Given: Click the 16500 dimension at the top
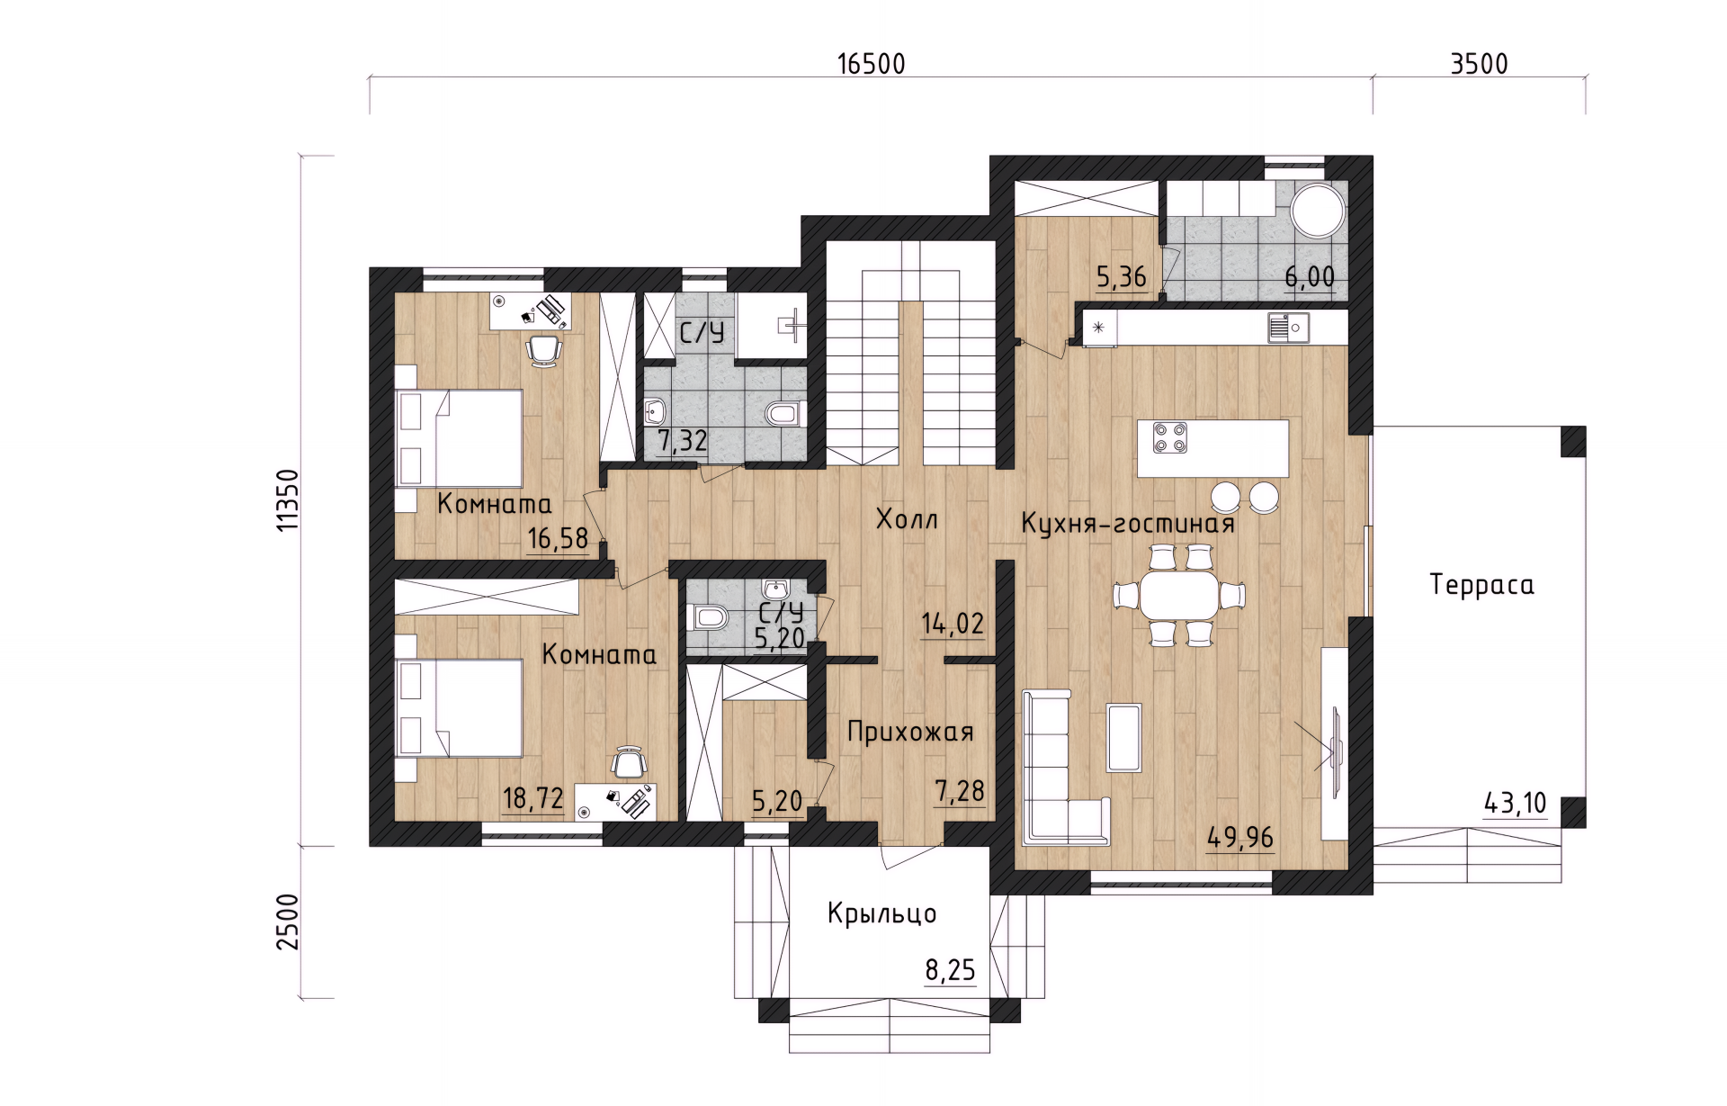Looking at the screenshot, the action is click(871, 65).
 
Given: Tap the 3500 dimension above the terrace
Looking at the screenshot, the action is click(1479, 64).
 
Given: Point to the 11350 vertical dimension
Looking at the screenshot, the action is click(287, 500).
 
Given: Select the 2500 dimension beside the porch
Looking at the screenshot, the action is click(287, 922).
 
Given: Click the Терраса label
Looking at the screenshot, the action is click(1481, 586).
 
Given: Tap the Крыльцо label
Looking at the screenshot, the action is click(881, 914).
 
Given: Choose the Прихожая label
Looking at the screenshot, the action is click(910, 733).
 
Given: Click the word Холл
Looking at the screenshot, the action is click(907, 519).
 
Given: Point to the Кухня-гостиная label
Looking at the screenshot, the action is click(1128, 524).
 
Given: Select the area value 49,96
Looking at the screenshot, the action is click(1240, 838).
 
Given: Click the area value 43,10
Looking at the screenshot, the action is click(1515, 803).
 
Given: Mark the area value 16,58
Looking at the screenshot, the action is click(558, 539).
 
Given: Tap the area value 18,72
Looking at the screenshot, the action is click(532, 798).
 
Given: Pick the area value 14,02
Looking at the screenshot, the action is click(953, 624).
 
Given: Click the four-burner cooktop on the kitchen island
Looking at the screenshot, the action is click(1170, 437).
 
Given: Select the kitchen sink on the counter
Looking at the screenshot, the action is click(1288, 328).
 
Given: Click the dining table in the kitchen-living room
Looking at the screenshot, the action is click(1178, 595).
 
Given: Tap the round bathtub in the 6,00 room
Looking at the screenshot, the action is click(1319, 211).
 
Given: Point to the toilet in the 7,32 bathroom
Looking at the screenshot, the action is click(784, 414).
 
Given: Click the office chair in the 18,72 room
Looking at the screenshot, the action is click(630, 762).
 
